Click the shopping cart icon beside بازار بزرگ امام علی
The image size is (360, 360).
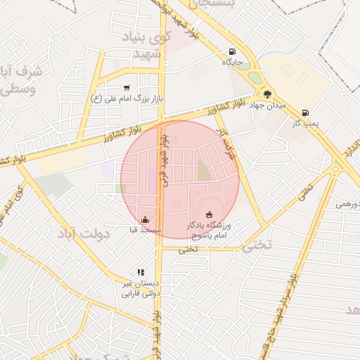point(127,88)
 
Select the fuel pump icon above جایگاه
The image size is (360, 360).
point(233,51)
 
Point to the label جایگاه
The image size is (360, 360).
point(233,62)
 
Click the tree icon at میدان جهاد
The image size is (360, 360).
point(267,94)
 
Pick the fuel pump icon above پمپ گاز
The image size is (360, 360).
point(305,112)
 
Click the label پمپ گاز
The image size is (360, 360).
point(305,123)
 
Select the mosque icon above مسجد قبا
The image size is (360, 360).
point(146,219)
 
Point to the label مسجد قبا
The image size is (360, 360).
point(146,229)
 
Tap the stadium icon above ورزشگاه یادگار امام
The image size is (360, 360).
point(208,214)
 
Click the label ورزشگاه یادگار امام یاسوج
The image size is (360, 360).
point(208,230)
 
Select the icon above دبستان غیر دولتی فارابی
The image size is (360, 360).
point(141,272)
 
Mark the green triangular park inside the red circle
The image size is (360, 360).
point(204,171)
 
